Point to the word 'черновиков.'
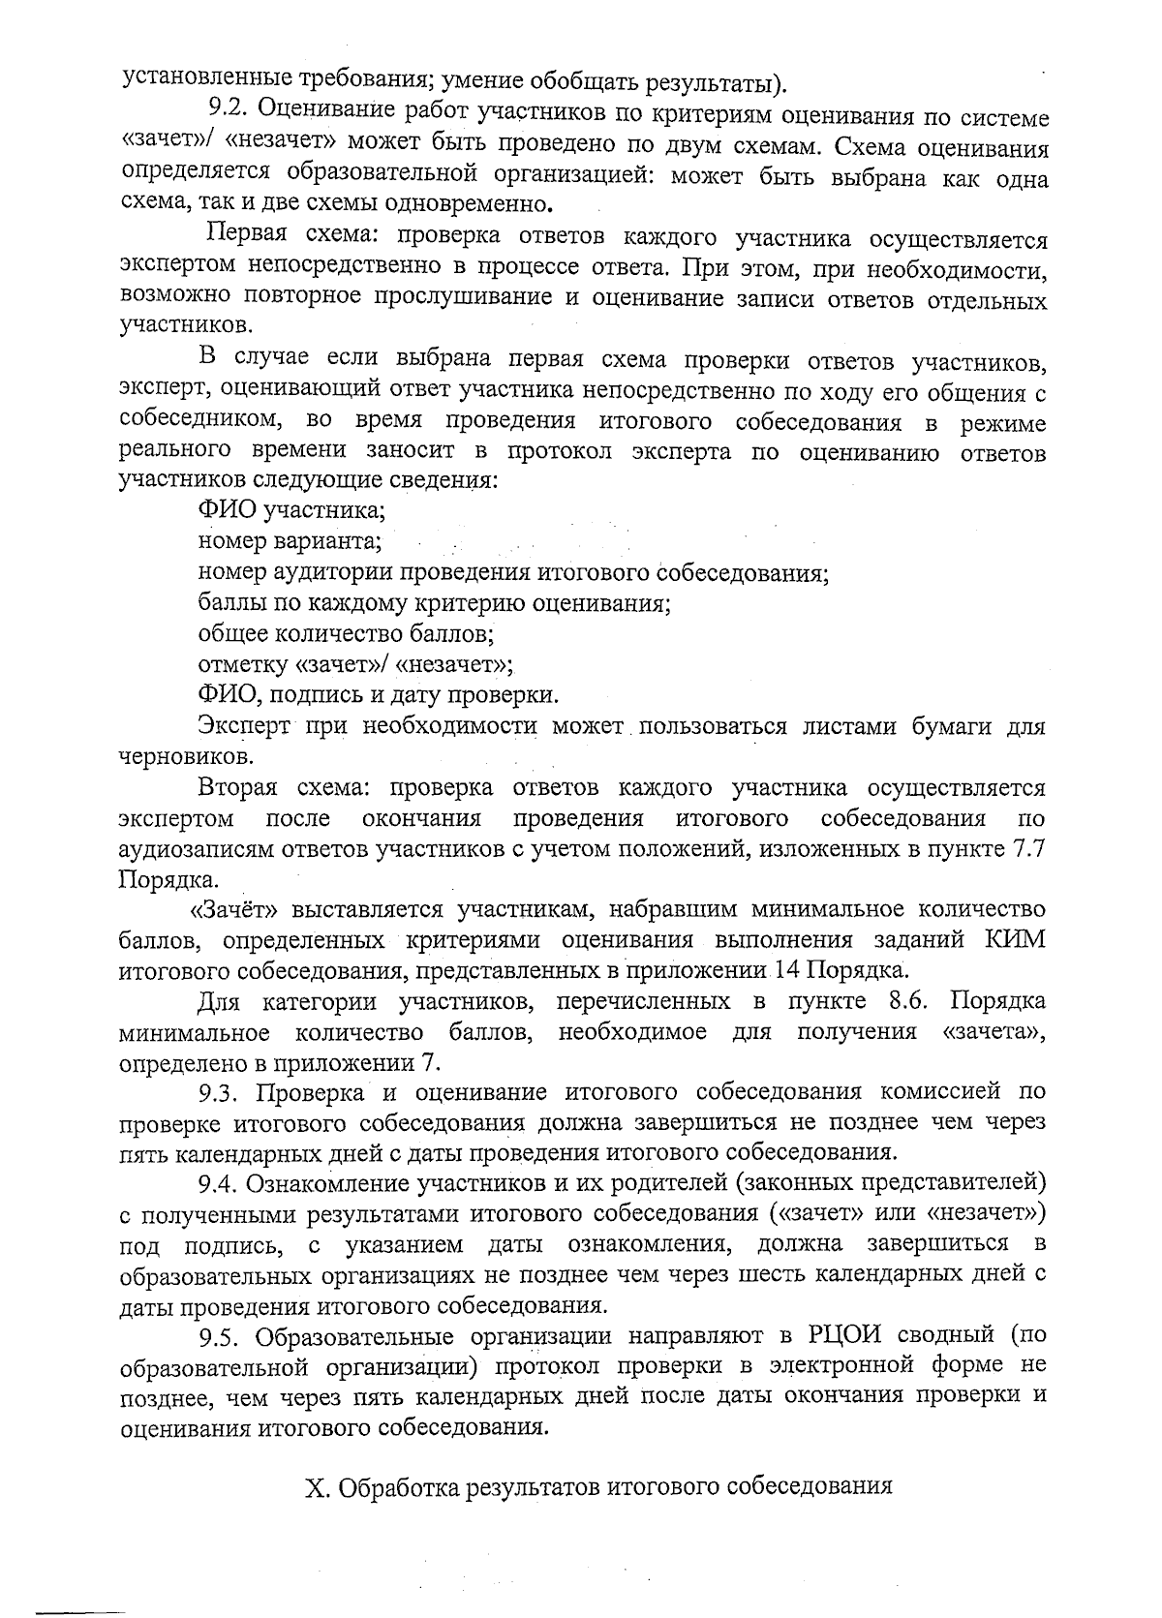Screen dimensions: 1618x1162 pyautogui.click(x=173, y=757)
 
